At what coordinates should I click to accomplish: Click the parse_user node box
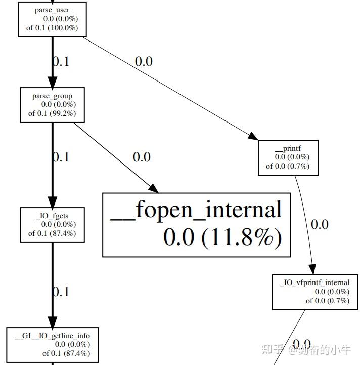click(x=52, y=19)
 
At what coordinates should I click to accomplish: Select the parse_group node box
click(x=52, y=105)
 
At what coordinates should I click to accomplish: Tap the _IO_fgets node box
click(x=52, y=225)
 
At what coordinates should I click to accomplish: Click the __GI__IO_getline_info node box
click(x=53, y=345)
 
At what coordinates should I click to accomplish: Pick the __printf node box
click(x=288, y=157)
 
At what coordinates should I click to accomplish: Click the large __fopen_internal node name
click(x=196, y=210)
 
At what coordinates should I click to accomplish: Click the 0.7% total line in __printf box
click(x=288, y=166)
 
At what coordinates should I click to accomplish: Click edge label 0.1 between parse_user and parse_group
click(x=61, y=61)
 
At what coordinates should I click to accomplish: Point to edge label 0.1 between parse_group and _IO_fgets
click(x=61, y=157)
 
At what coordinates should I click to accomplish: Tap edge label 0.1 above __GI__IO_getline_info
click(x=61, y=292)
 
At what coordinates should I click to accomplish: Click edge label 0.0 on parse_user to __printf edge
click(x=144, y=61)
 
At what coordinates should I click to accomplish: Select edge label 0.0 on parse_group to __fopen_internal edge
click(x=142, y=157)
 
